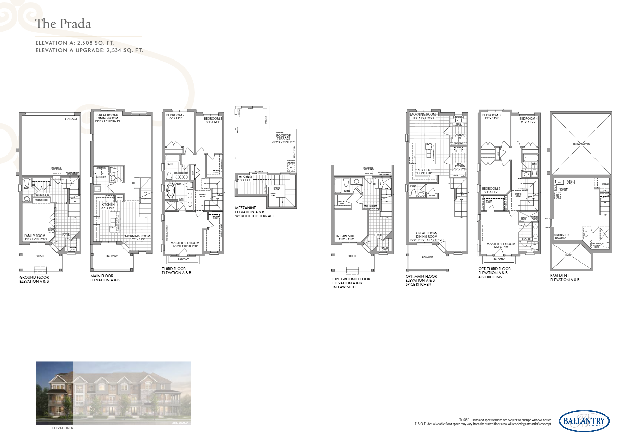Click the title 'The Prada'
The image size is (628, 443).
(x=63, y=24)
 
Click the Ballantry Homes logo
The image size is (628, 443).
(x=584, y=421)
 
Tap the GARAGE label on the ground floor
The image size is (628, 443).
(x=71, y=119)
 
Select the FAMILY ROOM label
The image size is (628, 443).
(x=35, y=236)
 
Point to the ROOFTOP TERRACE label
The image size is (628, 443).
(x=283, y=137)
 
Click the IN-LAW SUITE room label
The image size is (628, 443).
(x=346, y=236)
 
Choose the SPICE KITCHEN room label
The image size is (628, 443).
(x=460, y=165)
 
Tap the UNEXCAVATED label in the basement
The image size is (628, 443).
(x=581, y=144)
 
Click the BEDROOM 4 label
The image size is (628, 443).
(x=528, y=119)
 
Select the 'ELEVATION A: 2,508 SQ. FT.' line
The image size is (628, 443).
(x=75, y=43)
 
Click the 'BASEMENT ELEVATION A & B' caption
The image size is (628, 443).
(x=564, y=278)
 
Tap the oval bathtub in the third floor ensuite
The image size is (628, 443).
(x=170, y=191)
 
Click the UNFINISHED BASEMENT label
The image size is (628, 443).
(x=561, y=236)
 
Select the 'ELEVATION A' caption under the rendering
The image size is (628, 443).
(x=62, y=428)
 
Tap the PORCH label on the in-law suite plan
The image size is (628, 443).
(x=351, y=256)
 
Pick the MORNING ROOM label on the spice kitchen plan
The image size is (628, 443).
(x=423, y=115)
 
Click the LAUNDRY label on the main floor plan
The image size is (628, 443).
(x=100, y=177)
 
